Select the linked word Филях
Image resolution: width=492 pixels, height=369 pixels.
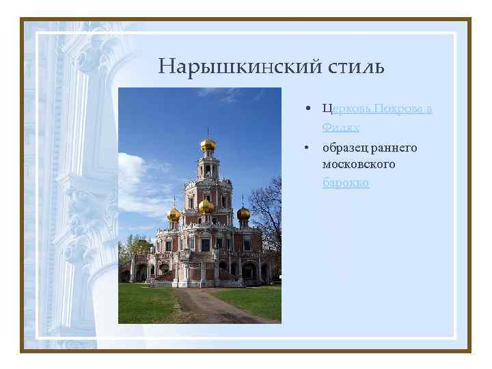341,128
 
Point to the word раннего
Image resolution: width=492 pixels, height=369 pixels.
395,148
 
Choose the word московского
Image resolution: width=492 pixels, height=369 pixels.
359,165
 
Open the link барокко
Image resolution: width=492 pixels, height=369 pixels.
346,183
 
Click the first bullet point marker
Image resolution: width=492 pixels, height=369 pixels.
310,110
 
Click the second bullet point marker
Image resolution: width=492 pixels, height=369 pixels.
310,148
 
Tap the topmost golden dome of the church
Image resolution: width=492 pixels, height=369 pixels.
208,144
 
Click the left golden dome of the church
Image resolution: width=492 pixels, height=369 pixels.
174,214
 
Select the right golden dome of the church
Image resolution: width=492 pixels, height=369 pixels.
243,213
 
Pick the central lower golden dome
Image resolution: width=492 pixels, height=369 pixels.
206,206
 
